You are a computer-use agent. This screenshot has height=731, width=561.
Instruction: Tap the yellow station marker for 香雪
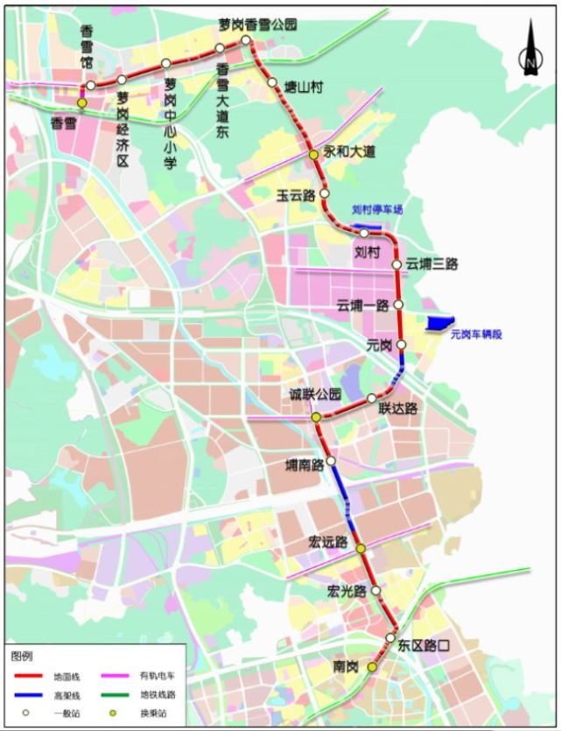tap(81, 103)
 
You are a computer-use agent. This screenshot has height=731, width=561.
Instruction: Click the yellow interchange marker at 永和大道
tap(312, 155)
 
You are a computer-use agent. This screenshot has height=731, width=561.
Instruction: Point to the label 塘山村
tap(304, 87)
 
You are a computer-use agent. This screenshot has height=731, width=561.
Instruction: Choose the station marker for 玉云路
tap(324, 193)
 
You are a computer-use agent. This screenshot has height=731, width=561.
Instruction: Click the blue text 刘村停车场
tap(377, 210)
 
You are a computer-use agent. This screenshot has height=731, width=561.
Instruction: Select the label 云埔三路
tap(432, 264)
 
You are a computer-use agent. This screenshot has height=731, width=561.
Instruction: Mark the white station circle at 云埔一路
tap(398, 305)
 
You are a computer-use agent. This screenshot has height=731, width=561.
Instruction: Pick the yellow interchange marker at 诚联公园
tap(316, 418)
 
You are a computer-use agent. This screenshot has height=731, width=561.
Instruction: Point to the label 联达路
tap(397, 408)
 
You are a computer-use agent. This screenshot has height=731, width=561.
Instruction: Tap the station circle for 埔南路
tap(331, 460)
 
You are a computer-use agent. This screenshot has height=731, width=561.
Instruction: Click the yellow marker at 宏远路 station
tap(361, 548)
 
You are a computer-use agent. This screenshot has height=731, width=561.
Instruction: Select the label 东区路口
tap(424, 646)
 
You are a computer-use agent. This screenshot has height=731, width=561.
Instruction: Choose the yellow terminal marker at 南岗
tap(371, 667)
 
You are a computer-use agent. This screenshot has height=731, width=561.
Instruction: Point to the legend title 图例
tap(21, 656)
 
